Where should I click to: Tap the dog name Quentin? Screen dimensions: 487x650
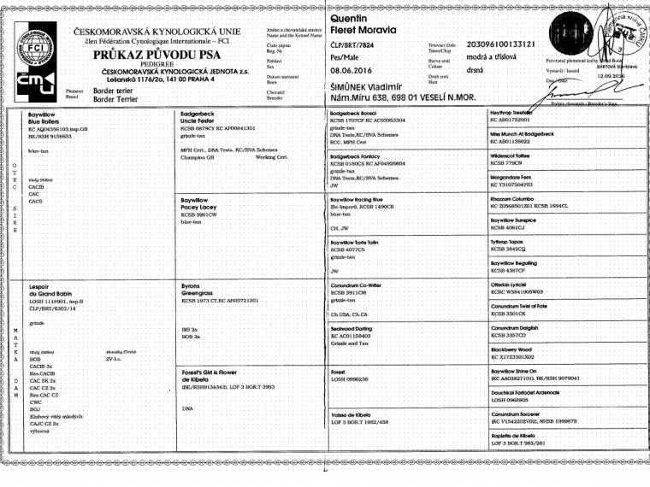click(x=348, y=18)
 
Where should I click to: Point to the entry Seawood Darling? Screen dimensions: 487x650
click(x=351, y=328)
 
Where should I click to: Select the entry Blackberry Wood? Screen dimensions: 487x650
click(x=511, y=349)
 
